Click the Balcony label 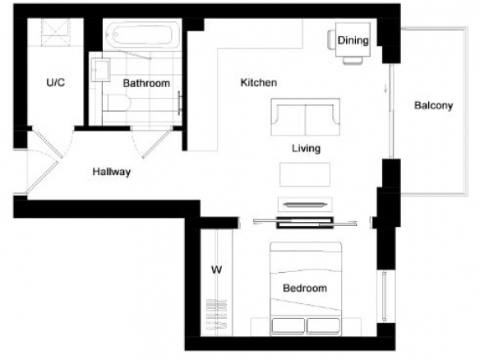pos(433,105)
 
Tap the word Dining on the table pos(353,40)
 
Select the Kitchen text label pos(259,83)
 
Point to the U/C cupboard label pos(55,82)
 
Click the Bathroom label pos(146,83)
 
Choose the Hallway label pos(112,172)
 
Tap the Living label pos(306,149)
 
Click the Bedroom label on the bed pos(305,288)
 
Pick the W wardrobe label pos(216,270)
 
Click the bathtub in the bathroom pos(143,35)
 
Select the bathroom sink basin pos(100,70)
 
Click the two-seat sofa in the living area pos(306,117)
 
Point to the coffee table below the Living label pos(305,174)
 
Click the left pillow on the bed pos(288,326)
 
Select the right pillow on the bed pos(323,326)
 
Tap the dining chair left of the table pos(332,39)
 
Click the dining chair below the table pos(353,60)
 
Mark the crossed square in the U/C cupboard pos(56,32)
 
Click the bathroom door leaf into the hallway pos(157,143)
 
